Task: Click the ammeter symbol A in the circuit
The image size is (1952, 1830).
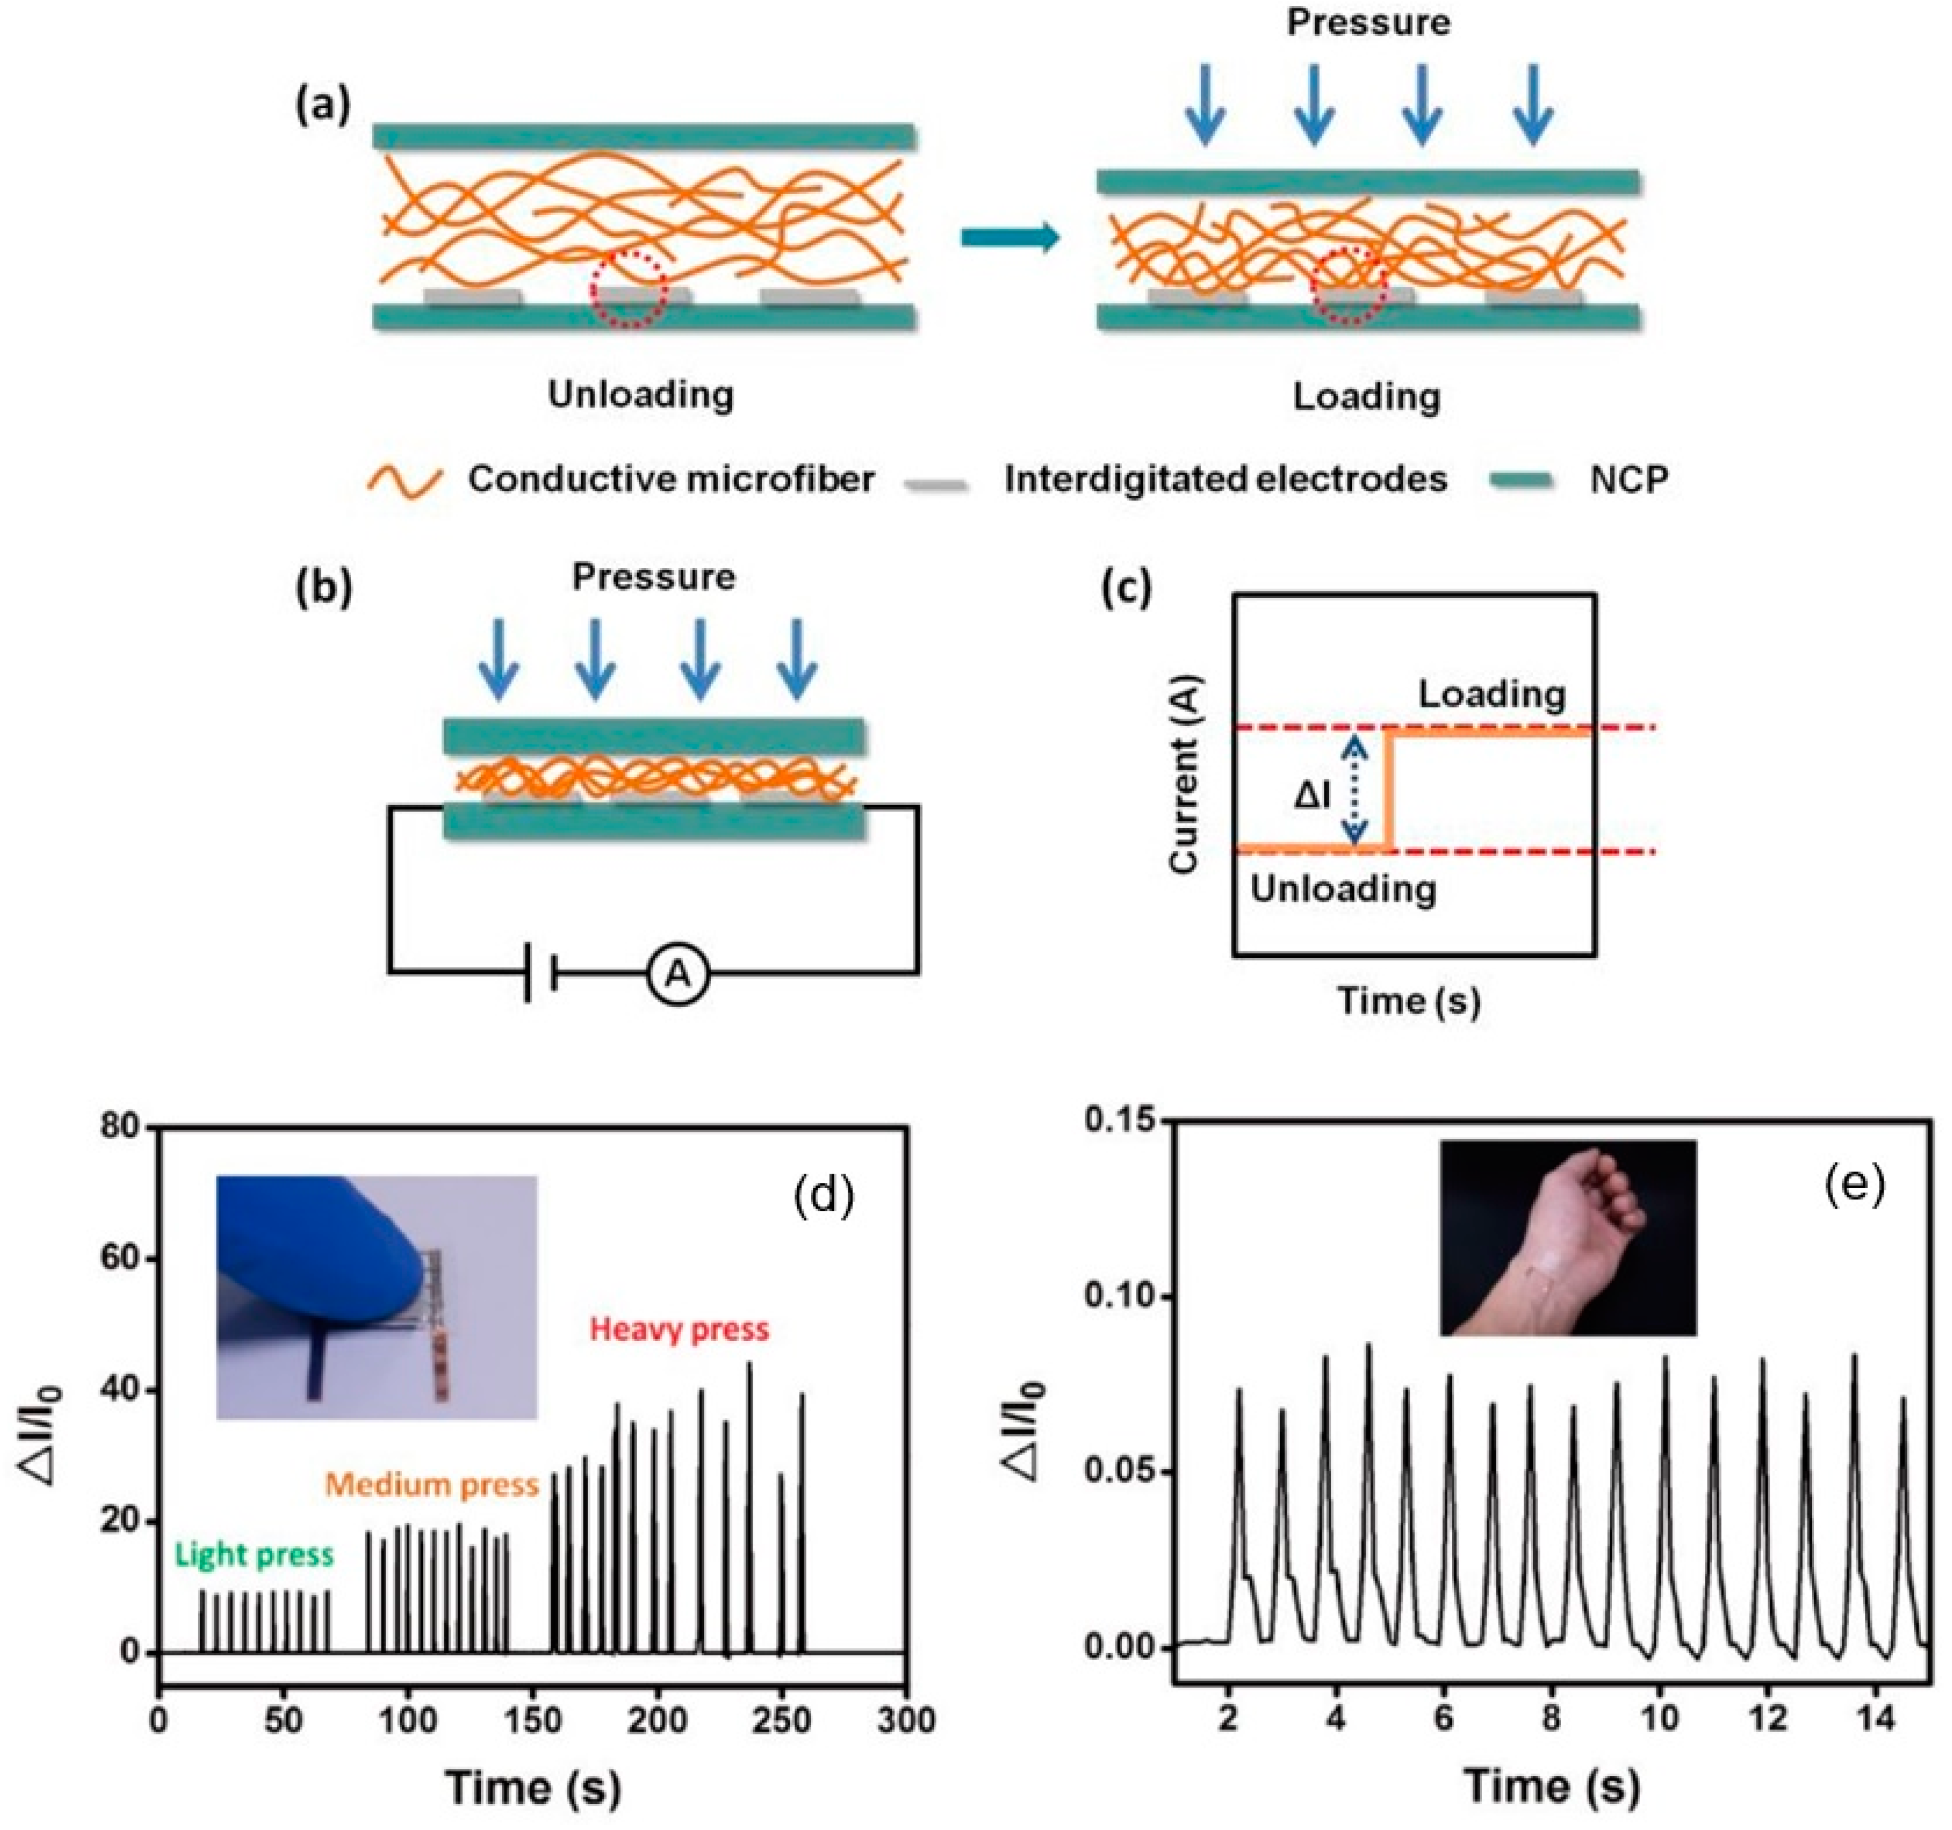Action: click(678, 975)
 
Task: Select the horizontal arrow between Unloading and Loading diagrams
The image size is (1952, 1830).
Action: click(1009, 238)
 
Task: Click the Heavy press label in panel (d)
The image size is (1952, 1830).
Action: click(680, 1329)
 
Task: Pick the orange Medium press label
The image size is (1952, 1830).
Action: click(432, 1484)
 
